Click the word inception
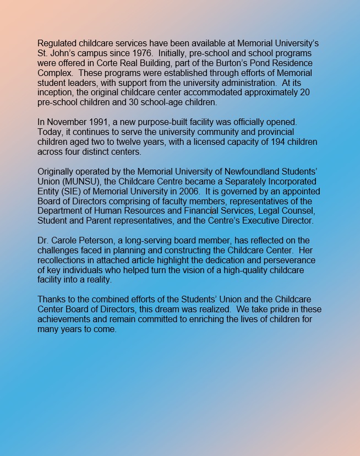pos(56,93)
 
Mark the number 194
pos(253,142)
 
